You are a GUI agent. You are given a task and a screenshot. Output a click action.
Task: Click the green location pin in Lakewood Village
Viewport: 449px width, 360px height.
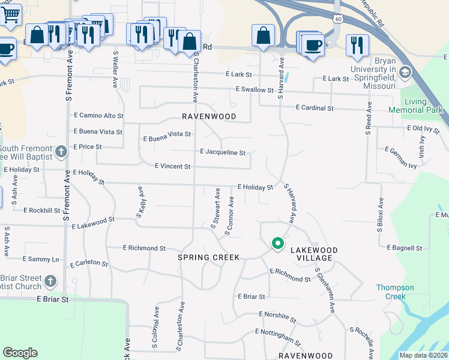[x=277, y=243]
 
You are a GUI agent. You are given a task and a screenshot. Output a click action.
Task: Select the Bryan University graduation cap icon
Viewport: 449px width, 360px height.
[x=405, y=73]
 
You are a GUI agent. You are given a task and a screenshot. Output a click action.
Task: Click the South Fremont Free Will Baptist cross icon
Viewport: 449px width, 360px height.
[x=61, y=152]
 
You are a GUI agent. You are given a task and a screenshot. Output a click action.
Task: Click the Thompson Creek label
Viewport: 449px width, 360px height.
[x=395, y=292]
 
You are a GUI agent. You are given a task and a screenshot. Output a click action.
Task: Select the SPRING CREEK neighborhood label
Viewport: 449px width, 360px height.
[x=208, y=257]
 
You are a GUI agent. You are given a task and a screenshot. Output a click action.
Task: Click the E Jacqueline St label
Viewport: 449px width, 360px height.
[x=222, y=152]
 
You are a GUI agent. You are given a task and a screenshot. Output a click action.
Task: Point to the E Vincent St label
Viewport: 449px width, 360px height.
[x=172, y=166]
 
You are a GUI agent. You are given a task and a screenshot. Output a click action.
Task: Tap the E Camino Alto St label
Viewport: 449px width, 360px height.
[x=98, y=115]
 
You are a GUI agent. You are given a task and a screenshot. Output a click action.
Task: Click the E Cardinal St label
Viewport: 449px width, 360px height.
[x=315, y=108]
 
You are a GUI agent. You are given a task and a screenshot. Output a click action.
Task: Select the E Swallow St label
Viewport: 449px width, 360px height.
[x=255, y=90]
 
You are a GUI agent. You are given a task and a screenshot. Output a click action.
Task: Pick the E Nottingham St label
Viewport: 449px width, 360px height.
[x=277, y=337]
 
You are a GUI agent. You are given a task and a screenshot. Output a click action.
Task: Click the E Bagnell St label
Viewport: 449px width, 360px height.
[x=405, y=248]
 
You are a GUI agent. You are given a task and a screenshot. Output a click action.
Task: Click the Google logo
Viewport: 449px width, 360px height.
[x=20, y=353]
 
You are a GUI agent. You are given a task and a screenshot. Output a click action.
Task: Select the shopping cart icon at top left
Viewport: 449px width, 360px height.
[x=10, y=14]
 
